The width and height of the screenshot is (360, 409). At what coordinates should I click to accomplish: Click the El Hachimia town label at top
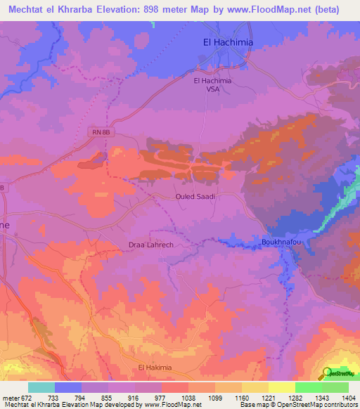pos(227,42)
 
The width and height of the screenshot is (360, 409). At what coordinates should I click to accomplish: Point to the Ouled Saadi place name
pos(195,197)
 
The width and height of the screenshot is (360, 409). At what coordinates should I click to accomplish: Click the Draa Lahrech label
pos(150,245)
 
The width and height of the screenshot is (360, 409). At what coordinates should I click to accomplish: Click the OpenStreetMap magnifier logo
pos(327,372)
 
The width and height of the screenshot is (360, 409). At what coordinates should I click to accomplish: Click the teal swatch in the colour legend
pos(41,387)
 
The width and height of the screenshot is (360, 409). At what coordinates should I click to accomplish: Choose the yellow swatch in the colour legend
pos(281,387)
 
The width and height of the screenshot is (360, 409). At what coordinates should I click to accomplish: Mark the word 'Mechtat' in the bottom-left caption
pos(15,405)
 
